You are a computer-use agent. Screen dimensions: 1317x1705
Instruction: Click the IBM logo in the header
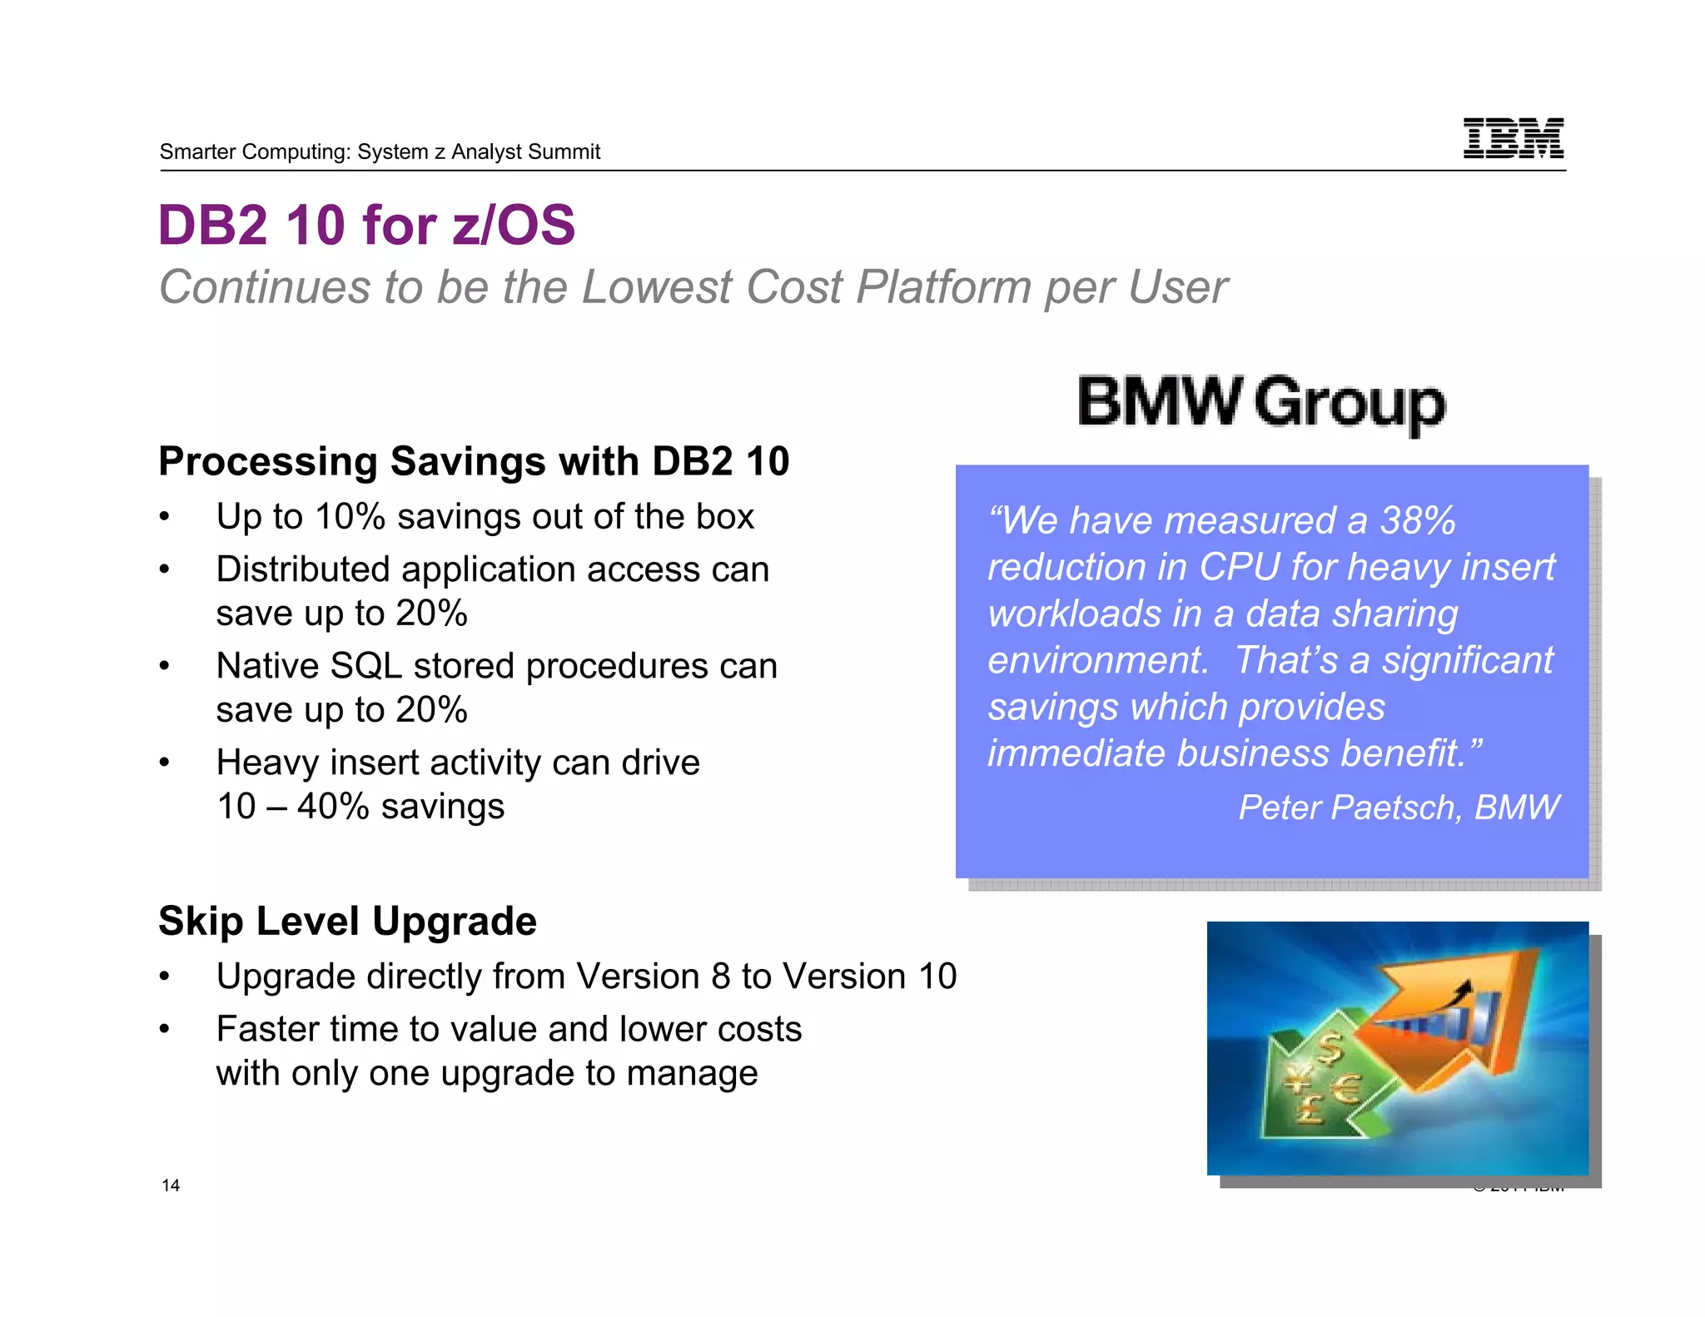1513,138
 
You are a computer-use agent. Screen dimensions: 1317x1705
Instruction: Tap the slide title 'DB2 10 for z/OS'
366,225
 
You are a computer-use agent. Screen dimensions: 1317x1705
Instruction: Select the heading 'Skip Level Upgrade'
347,921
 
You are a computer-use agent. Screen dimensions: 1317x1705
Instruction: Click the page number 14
171,1185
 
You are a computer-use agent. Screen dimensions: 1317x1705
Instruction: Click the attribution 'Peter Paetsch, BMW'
1398,807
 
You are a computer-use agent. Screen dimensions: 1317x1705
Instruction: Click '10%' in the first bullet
350,517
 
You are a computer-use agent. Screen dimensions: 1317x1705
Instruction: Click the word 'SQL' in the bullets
365,666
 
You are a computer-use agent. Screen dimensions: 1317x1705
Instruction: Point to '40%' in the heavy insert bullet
332,807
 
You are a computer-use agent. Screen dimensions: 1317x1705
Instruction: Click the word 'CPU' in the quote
1239,568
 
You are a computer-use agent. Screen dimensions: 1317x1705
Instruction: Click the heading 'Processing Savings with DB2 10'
474,461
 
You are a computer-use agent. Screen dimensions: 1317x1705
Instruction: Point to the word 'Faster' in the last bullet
271,1030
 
